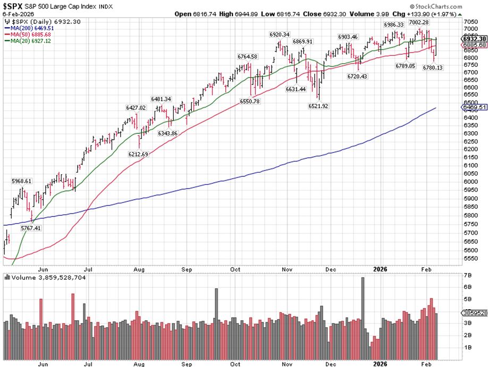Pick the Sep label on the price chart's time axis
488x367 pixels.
[188, 269]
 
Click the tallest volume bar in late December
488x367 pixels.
[363, 319]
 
